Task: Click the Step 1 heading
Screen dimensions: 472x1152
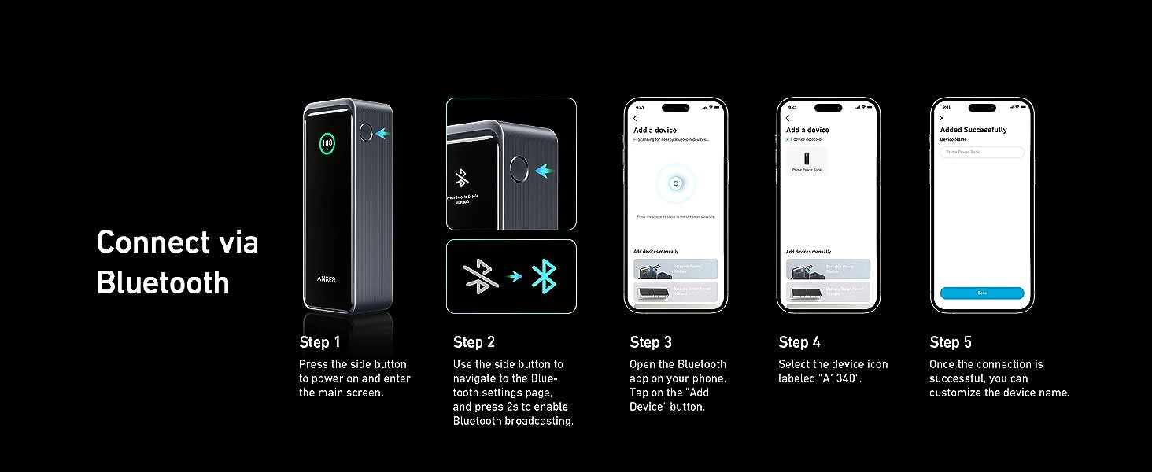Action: (x=319, y=342)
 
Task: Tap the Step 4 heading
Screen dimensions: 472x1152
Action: (x=799, y=342)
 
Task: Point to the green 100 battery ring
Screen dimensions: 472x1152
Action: (x=327, y=144)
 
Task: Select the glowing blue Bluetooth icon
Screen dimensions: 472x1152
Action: (x=544, y=276)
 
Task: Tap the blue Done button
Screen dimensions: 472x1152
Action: (x=981, y=293)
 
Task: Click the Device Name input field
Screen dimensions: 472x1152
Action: (x=981, y=152)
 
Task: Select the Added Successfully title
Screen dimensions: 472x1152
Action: (x=973, y=130)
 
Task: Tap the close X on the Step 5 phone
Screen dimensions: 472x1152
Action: (x=942, y=118)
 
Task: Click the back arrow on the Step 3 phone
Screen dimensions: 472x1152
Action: (x=635, y=118)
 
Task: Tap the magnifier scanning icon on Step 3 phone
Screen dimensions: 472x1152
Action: (x=675, y=183)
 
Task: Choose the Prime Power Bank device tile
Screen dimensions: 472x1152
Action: (x=807, y=160)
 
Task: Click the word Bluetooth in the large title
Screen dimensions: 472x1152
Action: (x=163, y=282)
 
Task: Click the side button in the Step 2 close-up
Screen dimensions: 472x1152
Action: (x=518, y=170)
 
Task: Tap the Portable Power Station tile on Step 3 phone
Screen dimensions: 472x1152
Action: (x=675, y=269)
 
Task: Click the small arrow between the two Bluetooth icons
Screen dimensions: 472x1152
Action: (x=514, y=276)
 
